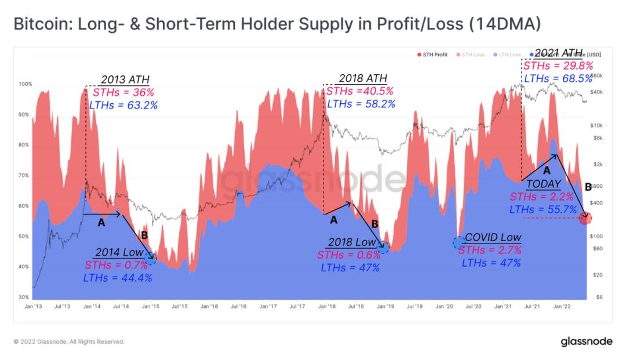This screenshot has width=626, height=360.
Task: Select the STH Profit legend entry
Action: coord(434,54)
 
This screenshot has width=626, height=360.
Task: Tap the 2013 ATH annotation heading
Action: coord(125,80)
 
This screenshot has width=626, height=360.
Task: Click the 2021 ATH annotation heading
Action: coord(558,53)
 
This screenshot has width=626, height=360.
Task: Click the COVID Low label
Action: coord(493,238)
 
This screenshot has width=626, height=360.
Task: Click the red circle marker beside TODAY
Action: coord(587,219)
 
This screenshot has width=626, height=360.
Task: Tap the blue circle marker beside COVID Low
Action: coord(458,242)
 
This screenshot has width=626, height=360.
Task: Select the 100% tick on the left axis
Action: coord(25,85)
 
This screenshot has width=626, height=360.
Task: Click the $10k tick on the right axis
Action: coord(596,126)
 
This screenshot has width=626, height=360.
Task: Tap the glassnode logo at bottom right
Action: coord(587,341)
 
